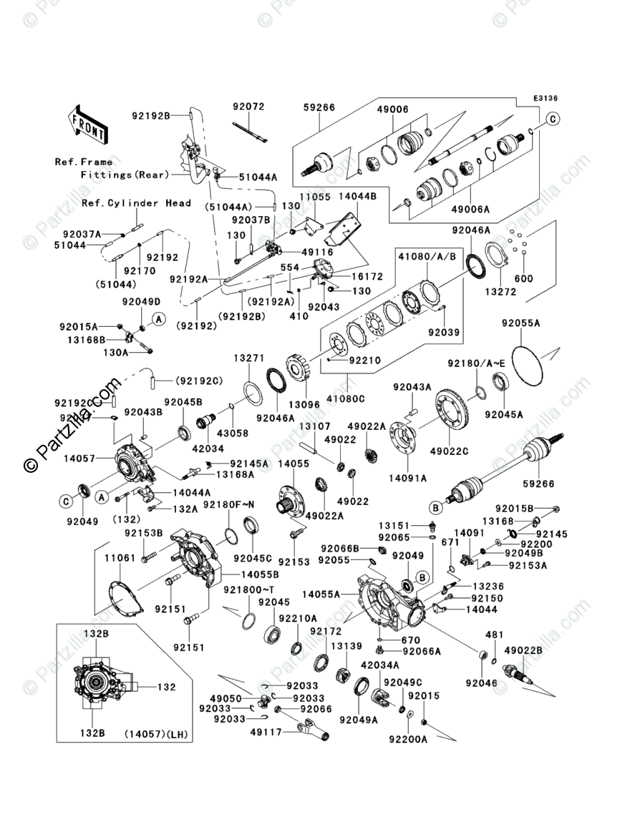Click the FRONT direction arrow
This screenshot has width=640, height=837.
(87, 124)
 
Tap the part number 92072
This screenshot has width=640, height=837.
(248, 107)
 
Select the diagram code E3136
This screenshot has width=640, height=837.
(545, 98)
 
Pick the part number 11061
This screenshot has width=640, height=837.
(120, 555)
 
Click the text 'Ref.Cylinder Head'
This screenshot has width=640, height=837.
(136, 203)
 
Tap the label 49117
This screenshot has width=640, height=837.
(265, 731)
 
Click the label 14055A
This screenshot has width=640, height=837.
(321, 593)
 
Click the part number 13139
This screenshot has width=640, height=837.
(346, 645)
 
